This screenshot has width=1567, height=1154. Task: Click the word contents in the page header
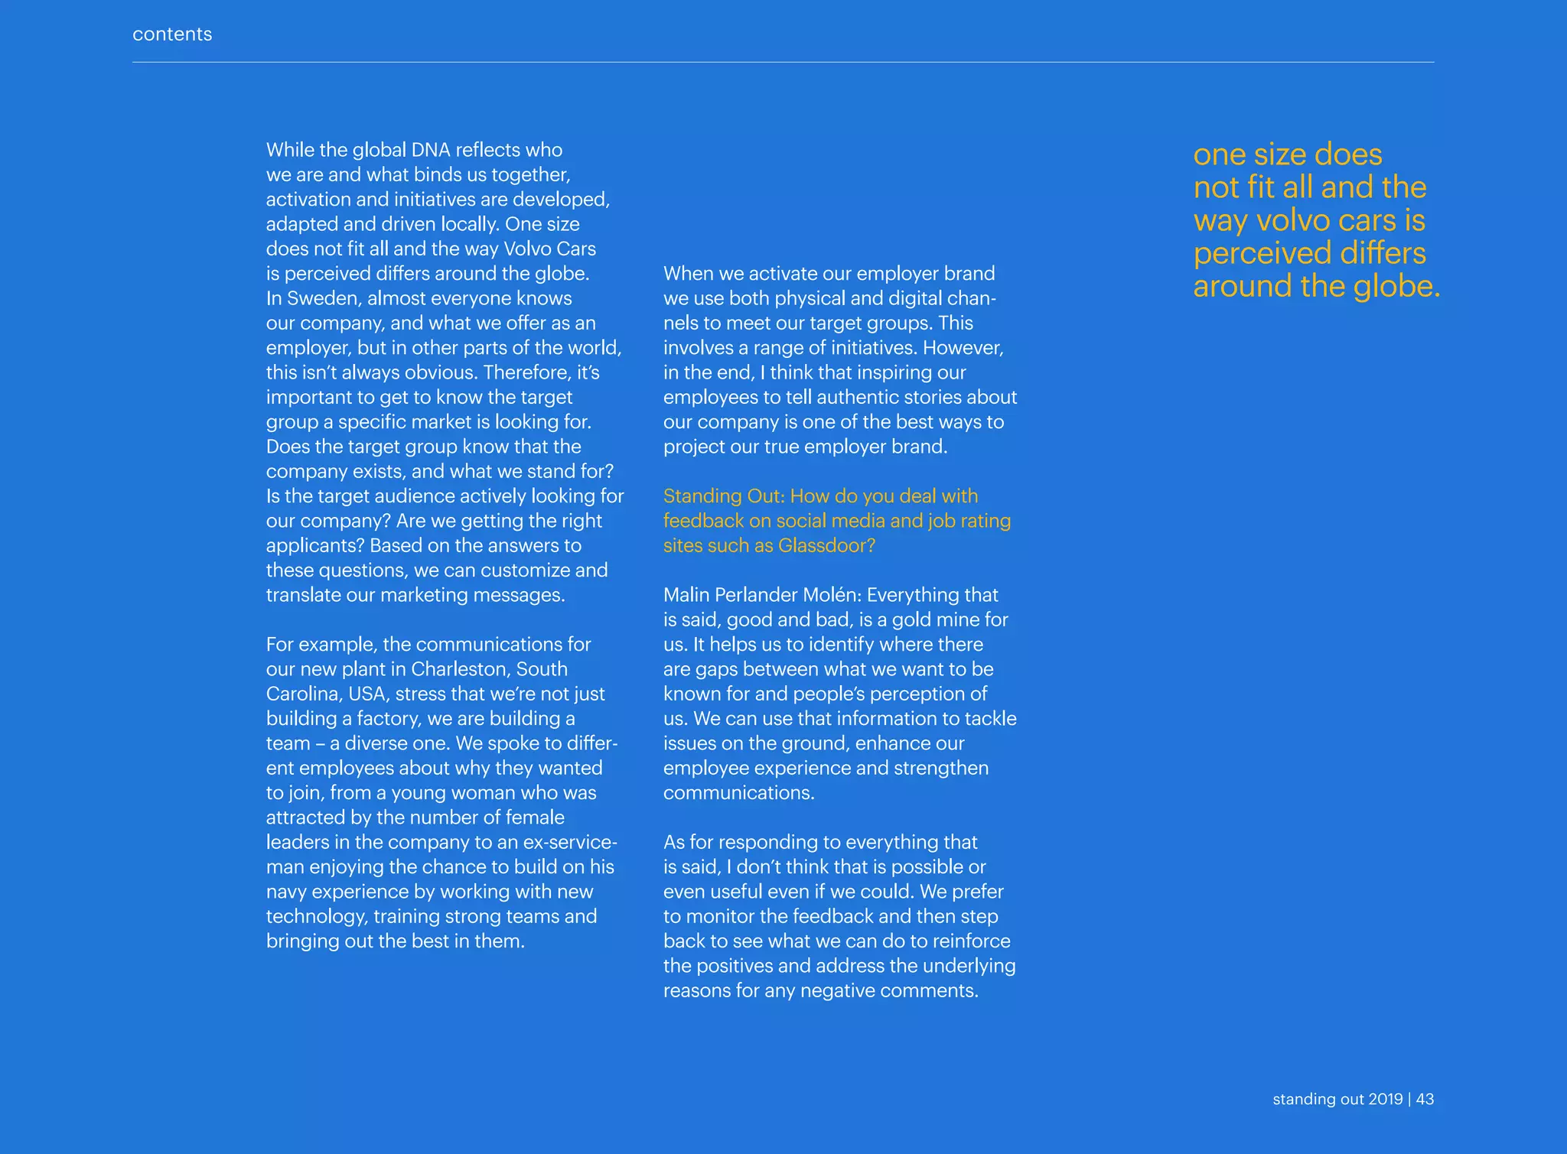[172, 34]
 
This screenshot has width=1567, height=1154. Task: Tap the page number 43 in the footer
[1425, 1099]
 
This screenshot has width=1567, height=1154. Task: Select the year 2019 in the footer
[1385, 1099]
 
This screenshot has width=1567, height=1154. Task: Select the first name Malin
[686, 595]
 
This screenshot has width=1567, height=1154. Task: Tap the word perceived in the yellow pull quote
[1259, 253]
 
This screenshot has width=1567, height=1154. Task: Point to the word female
[529, 818]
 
